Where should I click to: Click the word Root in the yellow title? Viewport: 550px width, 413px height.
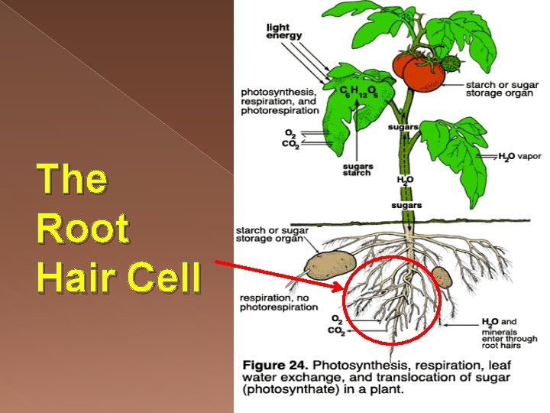pos(82,229)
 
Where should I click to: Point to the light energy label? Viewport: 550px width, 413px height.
pos(283,31)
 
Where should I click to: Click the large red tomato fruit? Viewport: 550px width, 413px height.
pos(422,72)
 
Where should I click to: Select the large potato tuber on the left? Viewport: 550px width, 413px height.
pos(330,265)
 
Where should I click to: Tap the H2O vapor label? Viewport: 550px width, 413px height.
pos(519,157)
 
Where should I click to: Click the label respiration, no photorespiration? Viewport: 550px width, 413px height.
pos(278,302)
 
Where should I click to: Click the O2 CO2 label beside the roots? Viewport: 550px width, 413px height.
pos(336,325)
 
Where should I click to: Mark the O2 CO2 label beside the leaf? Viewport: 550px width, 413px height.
pos(291,141)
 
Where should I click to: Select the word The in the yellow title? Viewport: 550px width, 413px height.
pos(72,179)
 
